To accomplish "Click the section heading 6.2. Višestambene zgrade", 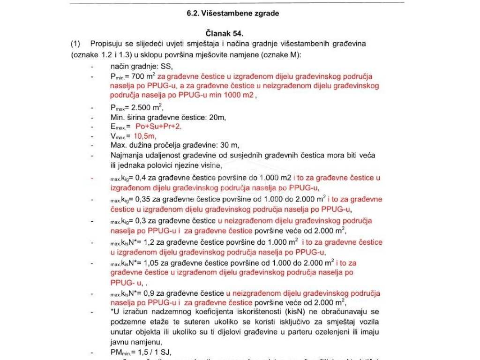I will (x=232, y=14).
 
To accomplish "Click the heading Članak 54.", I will (x=225, y=34).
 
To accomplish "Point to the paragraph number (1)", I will (x=76, y=44).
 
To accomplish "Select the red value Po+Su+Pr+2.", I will (x=158, y=127).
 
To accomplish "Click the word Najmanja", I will (x=126, y=155).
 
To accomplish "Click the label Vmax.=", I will (x=120, y=137).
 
